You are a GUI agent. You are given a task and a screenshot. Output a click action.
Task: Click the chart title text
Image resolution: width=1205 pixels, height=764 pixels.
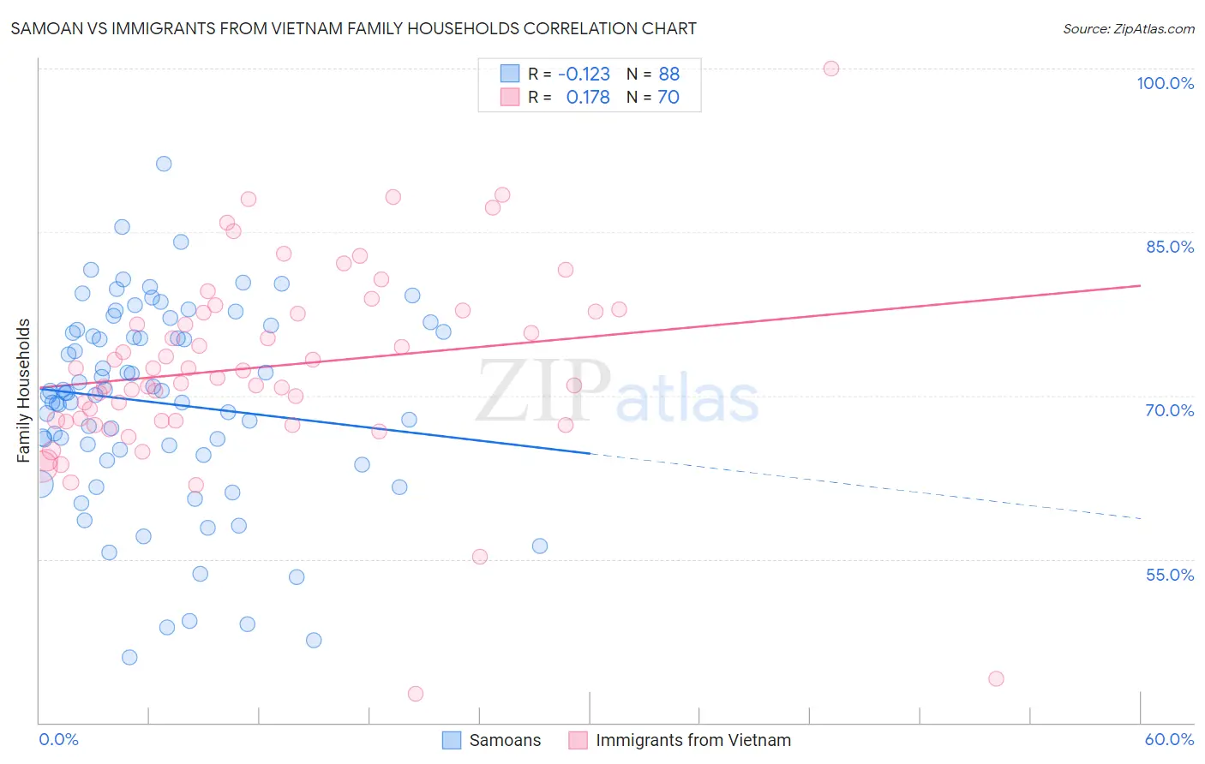(x=353, y=28)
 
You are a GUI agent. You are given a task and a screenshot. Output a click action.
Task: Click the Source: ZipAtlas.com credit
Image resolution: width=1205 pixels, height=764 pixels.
(x=1128, y=28)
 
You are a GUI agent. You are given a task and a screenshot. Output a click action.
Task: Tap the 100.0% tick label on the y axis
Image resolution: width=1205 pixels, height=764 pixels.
(x=1165, y=83)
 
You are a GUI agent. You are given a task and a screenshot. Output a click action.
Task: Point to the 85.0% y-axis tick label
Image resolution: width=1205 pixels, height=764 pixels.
(x=1169, y=247)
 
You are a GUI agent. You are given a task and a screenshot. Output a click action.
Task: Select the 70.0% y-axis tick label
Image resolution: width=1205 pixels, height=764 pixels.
(x=1169, y=410)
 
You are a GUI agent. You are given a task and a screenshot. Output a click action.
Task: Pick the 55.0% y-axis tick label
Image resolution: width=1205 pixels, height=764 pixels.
(x=1169, y=575)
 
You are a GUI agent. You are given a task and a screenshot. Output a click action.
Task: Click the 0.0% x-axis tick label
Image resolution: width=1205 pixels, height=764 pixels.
(x=58, y=739)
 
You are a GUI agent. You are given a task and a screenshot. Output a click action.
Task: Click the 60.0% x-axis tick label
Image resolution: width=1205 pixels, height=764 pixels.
(x=1169, y=739)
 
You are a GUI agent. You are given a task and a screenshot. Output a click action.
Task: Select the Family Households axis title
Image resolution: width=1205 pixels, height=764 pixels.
(x=24, y=391)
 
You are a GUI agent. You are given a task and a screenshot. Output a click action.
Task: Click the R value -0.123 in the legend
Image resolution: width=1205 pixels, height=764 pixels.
(x=584, y=74)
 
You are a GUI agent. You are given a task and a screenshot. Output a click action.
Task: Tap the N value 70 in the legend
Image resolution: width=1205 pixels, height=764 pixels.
(x=668, y=98)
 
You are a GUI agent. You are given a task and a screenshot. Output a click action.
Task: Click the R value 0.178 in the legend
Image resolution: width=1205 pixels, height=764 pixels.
(x=588, y=98)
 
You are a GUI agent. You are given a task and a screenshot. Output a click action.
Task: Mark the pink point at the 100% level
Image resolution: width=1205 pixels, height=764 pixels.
(x=830, y=69)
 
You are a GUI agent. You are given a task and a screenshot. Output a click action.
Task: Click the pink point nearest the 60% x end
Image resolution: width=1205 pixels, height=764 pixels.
(x=996, y=678)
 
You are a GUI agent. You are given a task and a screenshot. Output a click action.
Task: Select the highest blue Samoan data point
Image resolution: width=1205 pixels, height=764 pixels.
(x=164, y=164)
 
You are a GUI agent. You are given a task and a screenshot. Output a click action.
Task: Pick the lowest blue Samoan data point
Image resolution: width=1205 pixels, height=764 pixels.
(x=129, y=657)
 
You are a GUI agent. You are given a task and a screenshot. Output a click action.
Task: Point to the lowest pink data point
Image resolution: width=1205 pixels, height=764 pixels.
(x=416, y=694)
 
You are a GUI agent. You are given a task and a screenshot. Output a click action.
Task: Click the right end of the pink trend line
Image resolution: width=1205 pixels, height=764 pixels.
(x=1140, y=285)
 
